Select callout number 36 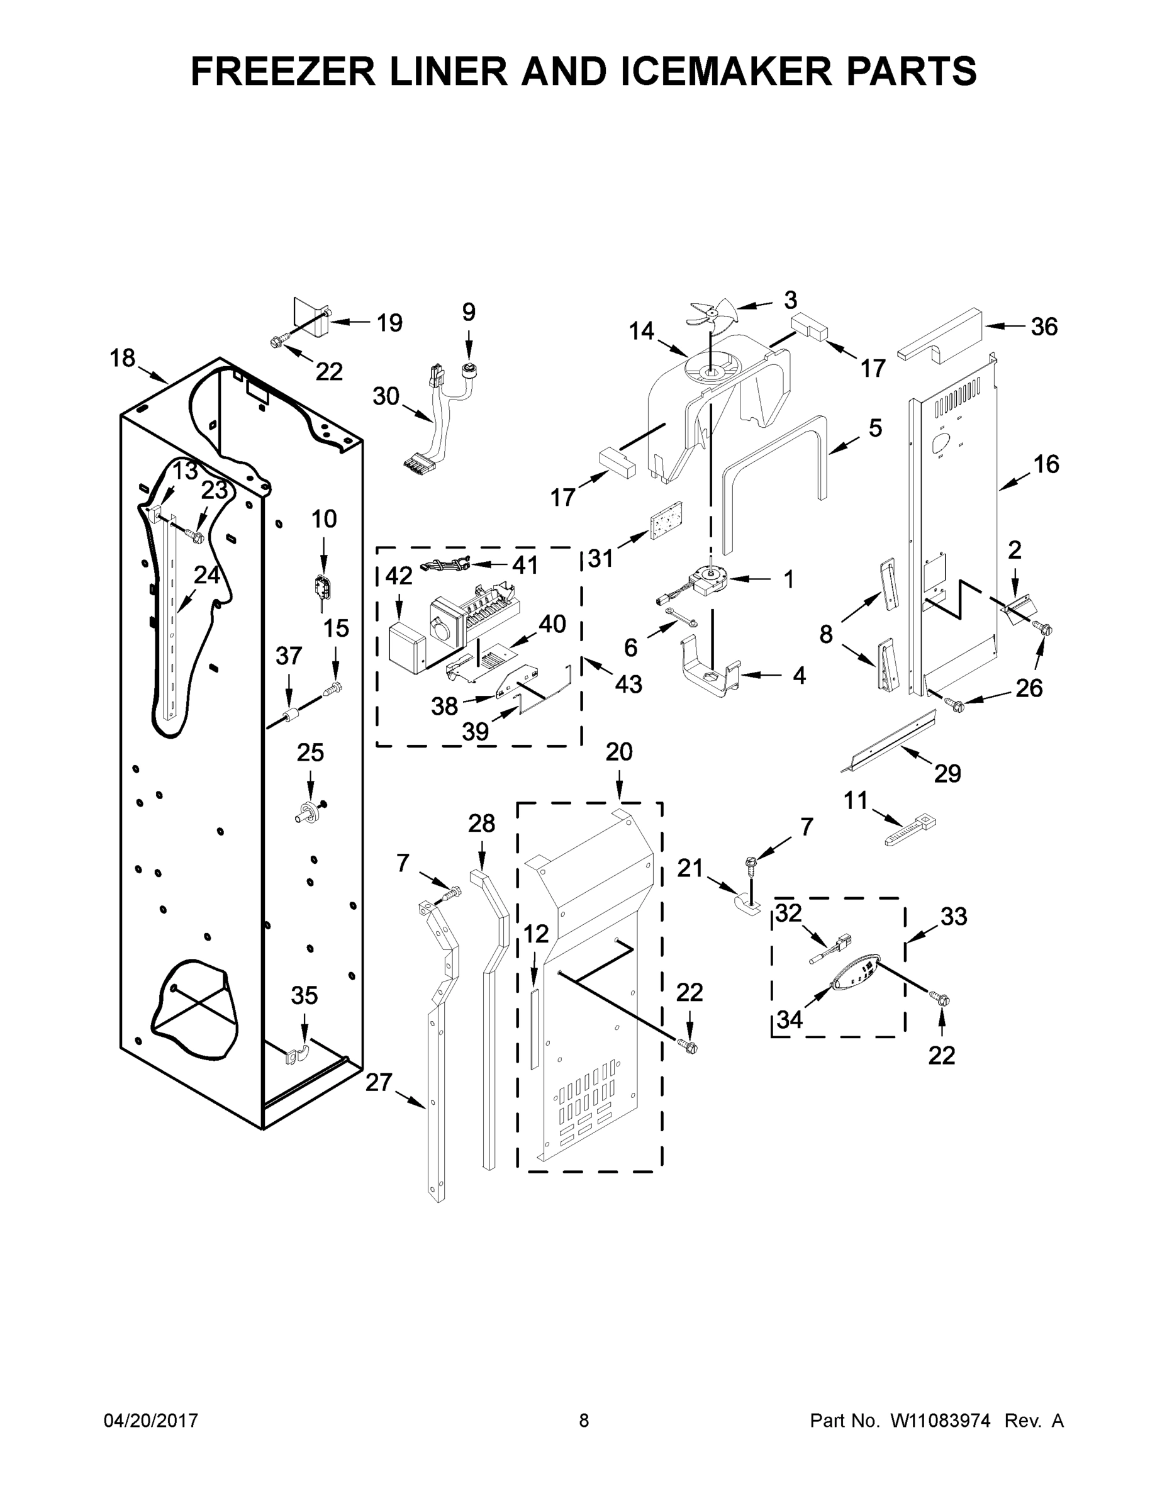pyautogui.click(x=1043, y=327)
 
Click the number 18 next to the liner pyautogui.click(x=123, y=358)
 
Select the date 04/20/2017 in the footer pyautogui.click(x=151, y=1421)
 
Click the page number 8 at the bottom pyautogui.click(x=584, y=1421)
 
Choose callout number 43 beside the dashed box pyautogui.click(x=628, y=684)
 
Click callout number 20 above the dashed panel pyautogui.click(x=619, y=752)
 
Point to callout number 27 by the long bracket pyautogui.click(x=379, y=1082)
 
